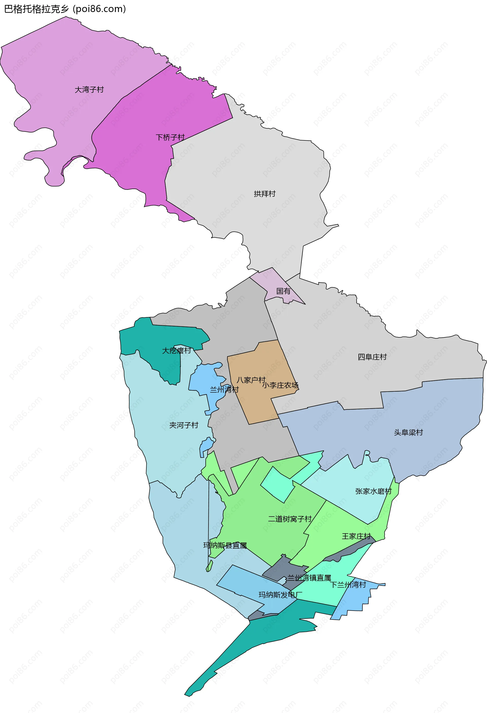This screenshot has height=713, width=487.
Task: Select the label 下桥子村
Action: (x=170, y=137)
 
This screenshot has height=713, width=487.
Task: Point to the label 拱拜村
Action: (x=265, y=194)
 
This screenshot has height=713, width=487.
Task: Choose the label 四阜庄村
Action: (x=372, y=357)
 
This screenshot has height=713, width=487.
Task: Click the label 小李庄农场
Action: (x=280, y=385)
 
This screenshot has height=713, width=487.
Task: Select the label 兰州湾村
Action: (x=224, y=390)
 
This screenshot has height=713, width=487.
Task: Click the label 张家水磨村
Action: (x=373, y=491)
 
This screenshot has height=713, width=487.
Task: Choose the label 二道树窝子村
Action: (x=290, y=519)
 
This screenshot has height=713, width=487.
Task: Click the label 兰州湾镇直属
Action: (x=309, y=578)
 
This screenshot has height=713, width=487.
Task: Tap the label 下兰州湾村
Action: (x=348, y=584)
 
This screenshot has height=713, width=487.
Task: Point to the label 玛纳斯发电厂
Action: (x=280, y=595)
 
